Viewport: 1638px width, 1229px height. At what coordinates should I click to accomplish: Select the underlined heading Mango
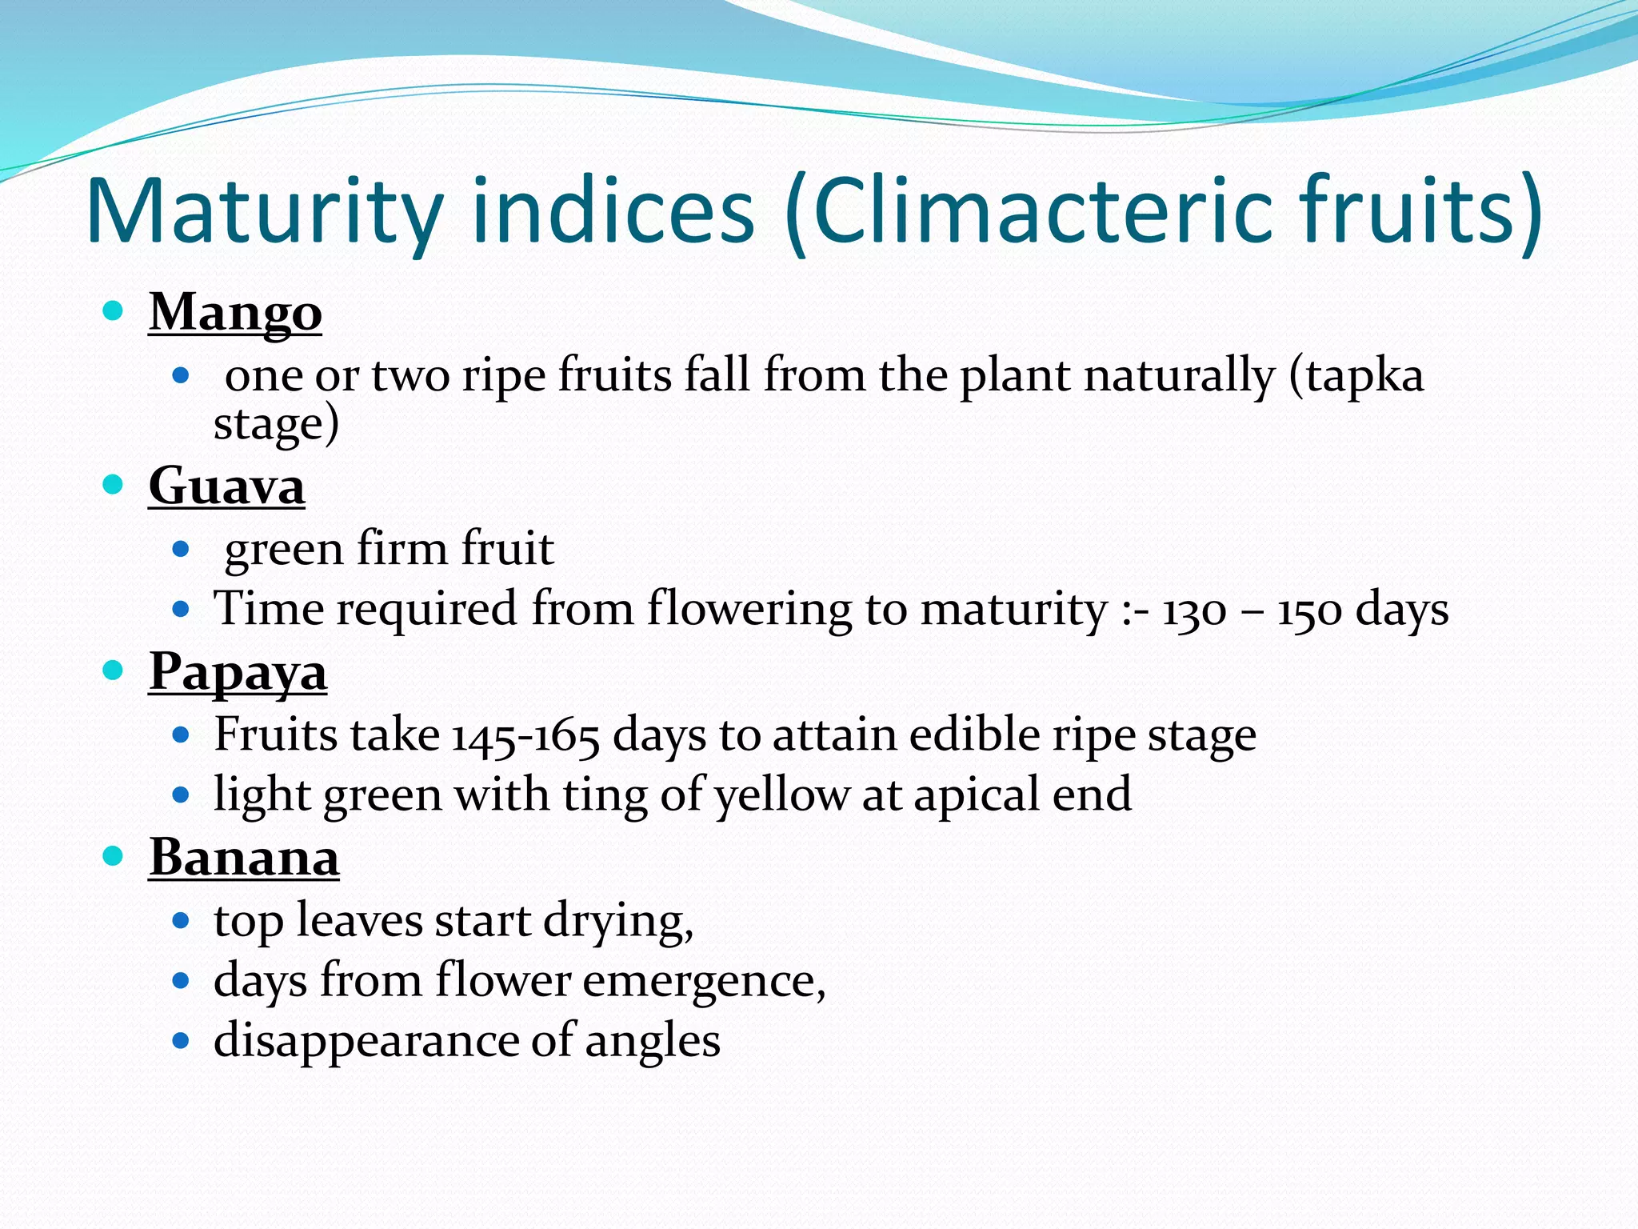[235, 312]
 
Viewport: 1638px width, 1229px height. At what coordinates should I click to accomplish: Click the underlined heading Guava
[226, 486]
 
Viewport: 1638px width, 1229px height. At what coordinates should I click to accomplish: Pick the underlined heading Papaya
[238, 672]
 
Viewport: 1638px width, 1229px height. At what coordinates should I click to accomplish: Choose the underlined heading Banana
[244, 858]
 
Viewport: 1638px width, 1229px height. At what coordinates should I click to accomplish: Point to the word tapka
[1364, 376]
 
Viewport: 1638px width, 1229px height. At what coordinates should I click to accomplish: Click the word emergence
[704, 981]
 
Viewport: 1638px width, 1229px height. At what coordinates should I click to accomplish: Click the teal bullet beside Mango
[114, 310]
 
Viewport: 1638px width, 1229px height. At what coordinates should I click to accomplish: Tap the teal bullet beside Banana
[114, 856]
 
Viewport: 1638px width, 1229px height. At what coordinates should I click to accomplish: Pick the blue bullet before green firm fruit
[181, 549]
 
